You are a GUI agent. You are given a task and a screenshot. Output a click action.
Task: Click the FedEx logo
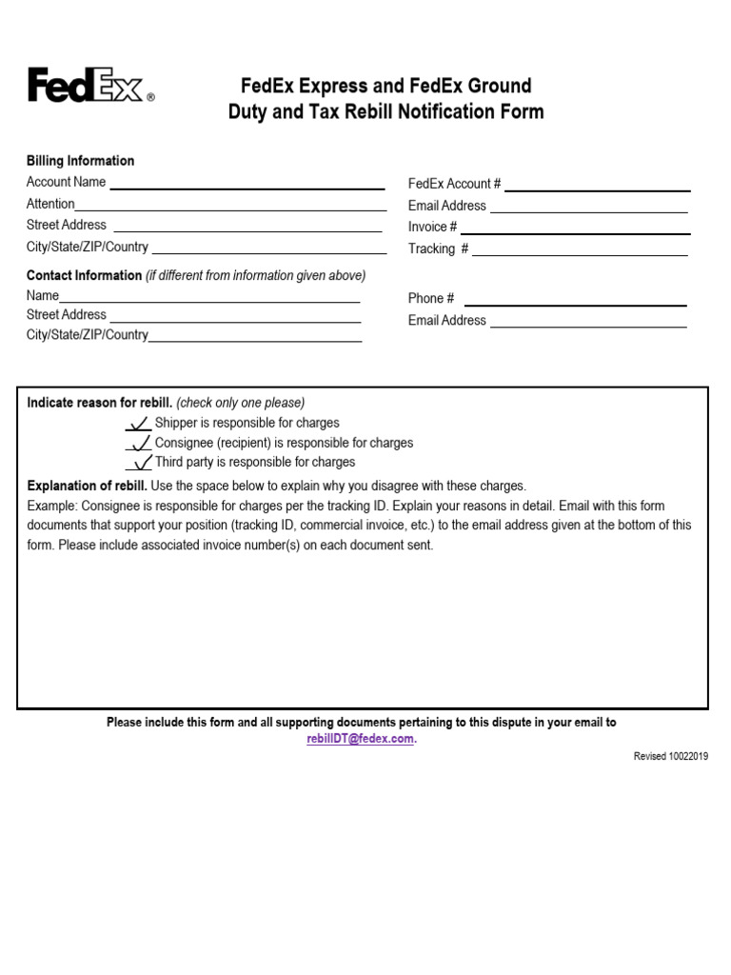[x=89, y=86]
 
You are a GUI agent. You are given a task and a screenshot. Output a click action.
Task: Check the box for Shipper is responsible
[x=139, y=424]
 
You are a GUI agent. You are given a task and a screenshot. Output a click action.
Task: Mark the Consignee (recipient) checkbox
[x=139, y=444]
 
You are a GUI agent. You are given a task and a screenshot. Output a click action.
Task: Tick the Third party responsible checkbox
[x=139, y=463]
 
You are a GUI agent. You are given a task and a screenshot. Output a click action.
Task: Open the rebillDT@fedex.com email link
[x=361, y=740]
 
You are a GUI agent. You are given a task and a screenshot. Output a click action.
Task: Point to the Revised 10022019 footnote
[x=672, y=756]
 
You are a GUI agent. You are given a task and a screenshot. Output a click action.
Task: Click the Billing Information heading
[x=80, y=161]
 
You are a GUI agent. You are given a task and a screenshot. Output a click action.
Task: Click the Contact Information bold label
[x=84, y=276]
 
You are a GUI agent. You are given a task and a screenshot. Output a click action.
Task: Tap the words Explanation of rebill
[x=87, y=486]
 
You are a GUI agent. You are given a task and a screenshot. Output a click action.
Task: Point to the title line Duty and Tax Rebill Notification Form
[x=385, y=112]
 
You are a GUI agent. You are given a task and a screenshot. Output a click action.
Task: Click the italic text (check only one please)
[x=241, y=403]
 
